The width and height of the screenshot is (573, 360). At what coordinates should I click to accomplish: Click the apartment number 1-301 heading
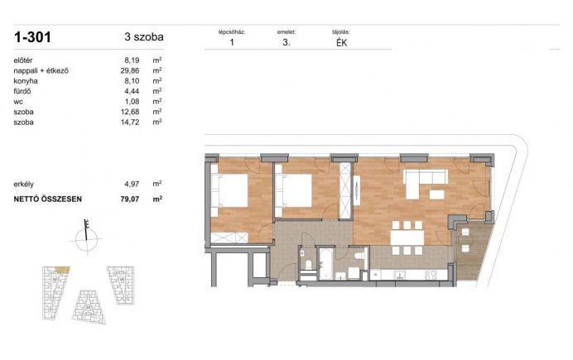(32, 37)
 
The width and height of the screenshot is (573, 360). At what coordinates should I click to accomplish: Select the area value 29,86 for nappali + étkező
(130, 70)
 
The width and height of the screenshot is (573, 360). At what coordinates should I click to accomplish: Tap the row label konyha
(26, 81)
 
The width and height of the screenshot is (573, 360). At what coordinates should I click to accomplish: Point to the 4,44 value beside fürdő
(132, 91)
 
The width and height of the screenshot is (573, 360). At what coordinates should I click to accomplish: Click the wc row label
(18, 102)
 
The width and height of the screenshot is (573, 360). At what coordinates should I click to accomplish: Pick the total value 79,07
(130, 199)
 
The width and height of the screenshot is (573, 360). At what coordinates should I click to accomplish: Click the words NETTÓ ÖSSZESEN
(47, 199)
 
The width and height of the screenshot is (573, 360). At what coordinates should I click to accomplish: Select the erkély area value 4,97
(132, 184)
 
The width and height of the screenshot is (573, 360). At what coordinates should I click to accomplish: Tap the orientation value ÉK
(341, 43)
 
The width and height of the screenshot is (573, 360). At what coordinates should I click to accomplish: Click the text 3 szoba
(144, 37)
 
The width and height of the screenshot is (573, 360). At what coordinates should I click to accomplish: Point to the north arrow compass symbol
(87, 237)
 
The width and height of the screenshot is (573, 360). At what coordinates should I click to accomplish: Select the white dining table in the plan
(407, 238)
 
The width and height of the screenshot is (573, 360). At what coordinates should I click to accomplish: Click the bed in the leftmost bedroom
(229, 190)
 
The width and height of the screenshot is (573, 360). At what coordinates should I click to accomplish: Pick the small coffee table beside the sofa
(436, 194)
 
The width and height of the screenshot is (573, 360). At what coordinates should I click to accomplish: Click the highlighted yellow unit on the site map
(62, 270)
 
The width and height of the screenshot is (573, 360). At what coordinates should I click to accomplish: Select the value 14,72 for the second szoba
(130, 122)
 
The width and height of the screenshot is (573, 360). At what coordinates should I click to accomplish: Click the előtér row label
(23, 60)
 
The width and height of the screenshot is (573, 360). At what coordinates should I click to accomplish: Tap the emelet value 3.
(286, 42)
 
